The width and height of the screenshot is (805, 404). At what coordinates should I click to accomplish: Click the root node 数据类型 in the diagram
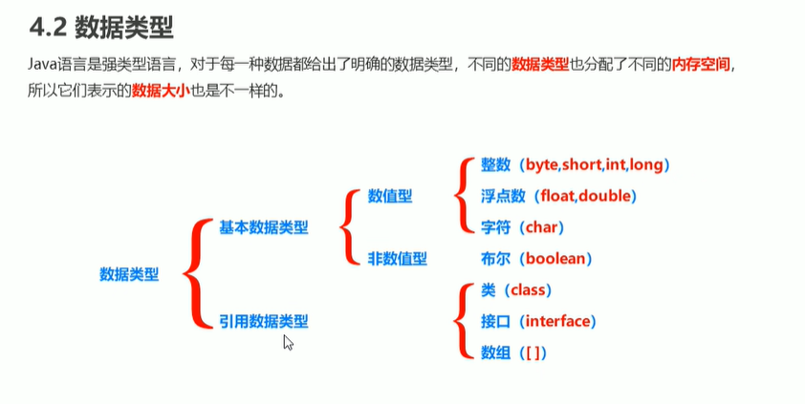pyautogui.click(x=129, y=274)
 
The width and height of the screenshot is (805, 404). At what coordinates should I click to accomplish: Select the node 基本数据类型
pyautogui.click(x=264, y=227)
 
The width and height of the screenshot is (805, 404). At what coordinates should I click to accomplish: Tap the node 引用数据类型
pyautogui.click(x=264, y=322)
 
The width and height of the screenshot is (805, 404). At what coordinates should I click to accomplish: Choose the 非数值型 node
pyautogui.click(x=398, y=258)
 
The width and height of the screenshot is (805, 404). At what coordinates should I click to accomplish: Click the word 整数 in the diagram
pyautogui.click(x=496, y=165)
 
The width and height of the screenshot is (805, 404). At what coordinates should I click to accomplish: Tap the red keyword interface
pyautogui.click(x=559, y=321)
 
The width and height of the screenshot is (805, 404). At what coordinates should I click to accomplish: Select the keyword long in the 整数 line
pyautogui.click(x=646, y=165)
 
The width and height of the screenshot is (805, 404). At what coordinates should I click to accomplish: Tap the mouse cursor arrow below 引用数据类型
pyautogui.click(x=287, y=343)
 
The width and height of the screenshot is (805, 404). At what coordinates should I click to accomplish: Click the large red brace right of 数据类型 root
pyautogui.click(x=192, y=274)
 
